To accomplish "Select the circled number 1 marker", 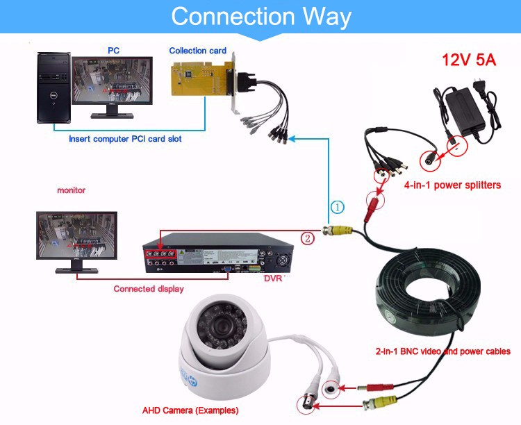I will (336, 207).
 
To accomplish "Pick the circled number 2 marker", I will (307, 237).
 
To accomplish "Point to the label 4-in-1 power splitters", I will (452, 185).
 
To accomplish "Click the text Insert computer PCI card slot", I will (125, 139).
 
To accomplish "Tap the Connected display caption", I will (149, 289).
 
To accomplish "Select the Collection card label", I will (198, 51).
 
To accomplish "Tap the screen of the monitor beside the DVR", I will (76, 235).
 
